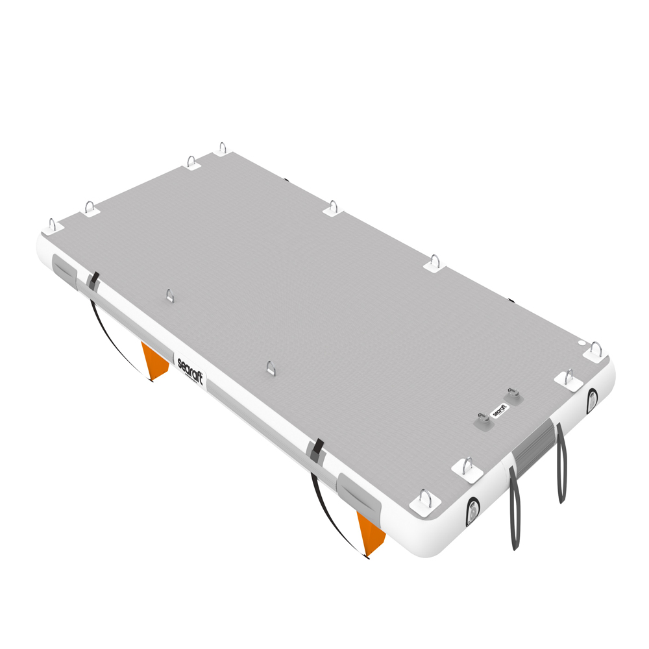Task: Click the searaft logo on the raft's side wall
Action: pos(190,371)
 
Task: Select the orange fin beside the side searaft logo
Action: pos(154,361)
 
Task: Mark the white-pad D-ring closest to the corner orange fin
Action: pos(425,500)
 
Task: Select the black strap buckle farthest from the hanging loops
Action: pos(94,279)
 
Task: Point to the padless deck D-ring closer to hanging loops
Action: pos(271,367)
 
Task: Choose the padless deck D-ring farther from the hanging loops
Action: pos(169,295)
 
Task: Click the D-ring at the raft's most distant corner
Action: pos(223,148)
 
